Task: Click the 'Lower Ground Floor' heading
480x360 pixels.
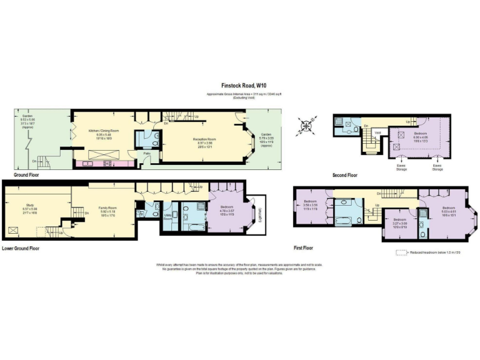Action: tap(21, 248)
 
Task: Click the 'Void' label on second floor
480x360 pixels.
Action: tap(378, 132)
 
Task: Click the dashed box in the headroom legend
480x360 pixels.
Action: tap(401, 252)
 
